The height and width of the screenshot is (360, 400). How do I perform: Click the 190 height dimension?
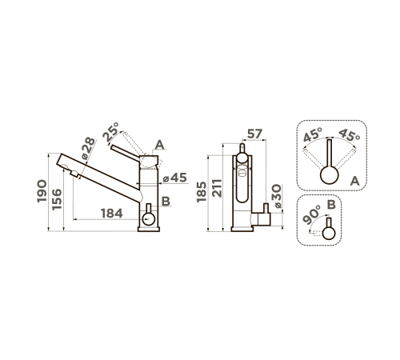(42, 191)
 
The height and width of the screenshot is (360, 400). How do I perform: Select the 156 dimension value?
(57, 199)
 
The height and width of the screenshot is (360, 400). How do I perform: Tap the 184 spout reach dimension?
(112, 214)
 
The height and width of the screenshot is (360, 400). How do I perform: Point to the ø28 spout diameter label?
(88, 148)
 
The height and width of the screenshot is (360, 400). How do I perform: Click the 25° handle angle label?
(110, 132)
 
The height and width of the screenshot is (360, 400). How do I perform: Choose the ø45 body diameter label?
(175, 178)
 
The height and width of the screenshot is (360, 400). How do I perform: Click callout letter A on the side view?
(159, 145)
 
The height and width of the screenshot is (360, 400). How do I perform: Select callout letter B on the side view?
(166, 201)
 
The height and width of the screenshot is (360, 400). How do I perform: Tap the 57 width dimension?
(254, 134)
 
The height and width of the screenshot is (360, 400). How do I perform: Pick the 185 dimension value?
(202, 192)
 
